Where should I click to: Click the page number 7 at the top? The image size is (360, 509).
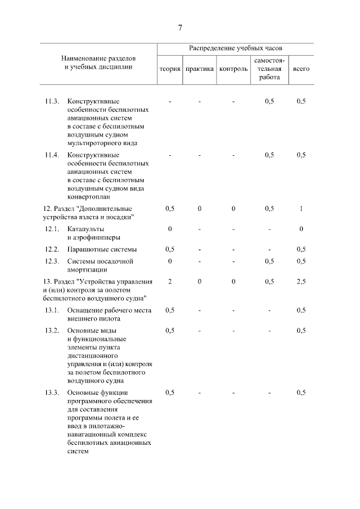(180, 28)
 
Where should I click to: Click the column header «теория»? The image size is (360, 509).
(169, 69)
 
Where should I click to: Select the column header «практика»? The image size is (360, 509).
(200, 69)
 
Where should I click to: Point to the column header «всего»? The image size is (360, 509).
(301, 69)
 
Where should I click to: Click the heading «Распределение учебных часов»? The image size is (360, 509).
(235, 49)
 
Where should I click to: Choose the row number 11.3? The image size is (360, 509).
(52, 101)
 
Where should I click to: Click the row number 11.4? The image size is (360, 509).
(52, 155)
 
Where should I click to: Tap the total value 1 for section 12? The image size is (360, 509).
(301, 209)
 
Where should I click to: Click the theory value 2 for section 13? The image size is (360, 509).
(169, 281)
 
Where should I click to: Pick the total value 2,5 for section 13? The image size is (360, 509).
(301, 281)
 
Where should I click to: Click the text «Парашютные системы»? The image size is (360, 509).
(102, 249)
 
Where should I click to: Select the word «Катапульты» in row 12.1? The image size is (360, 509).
(85, 229)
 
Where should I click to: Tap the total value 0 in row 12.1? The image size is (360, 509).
(301, 229)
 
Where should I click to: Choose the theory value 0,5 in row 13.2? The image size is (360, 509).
(169, 330)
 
